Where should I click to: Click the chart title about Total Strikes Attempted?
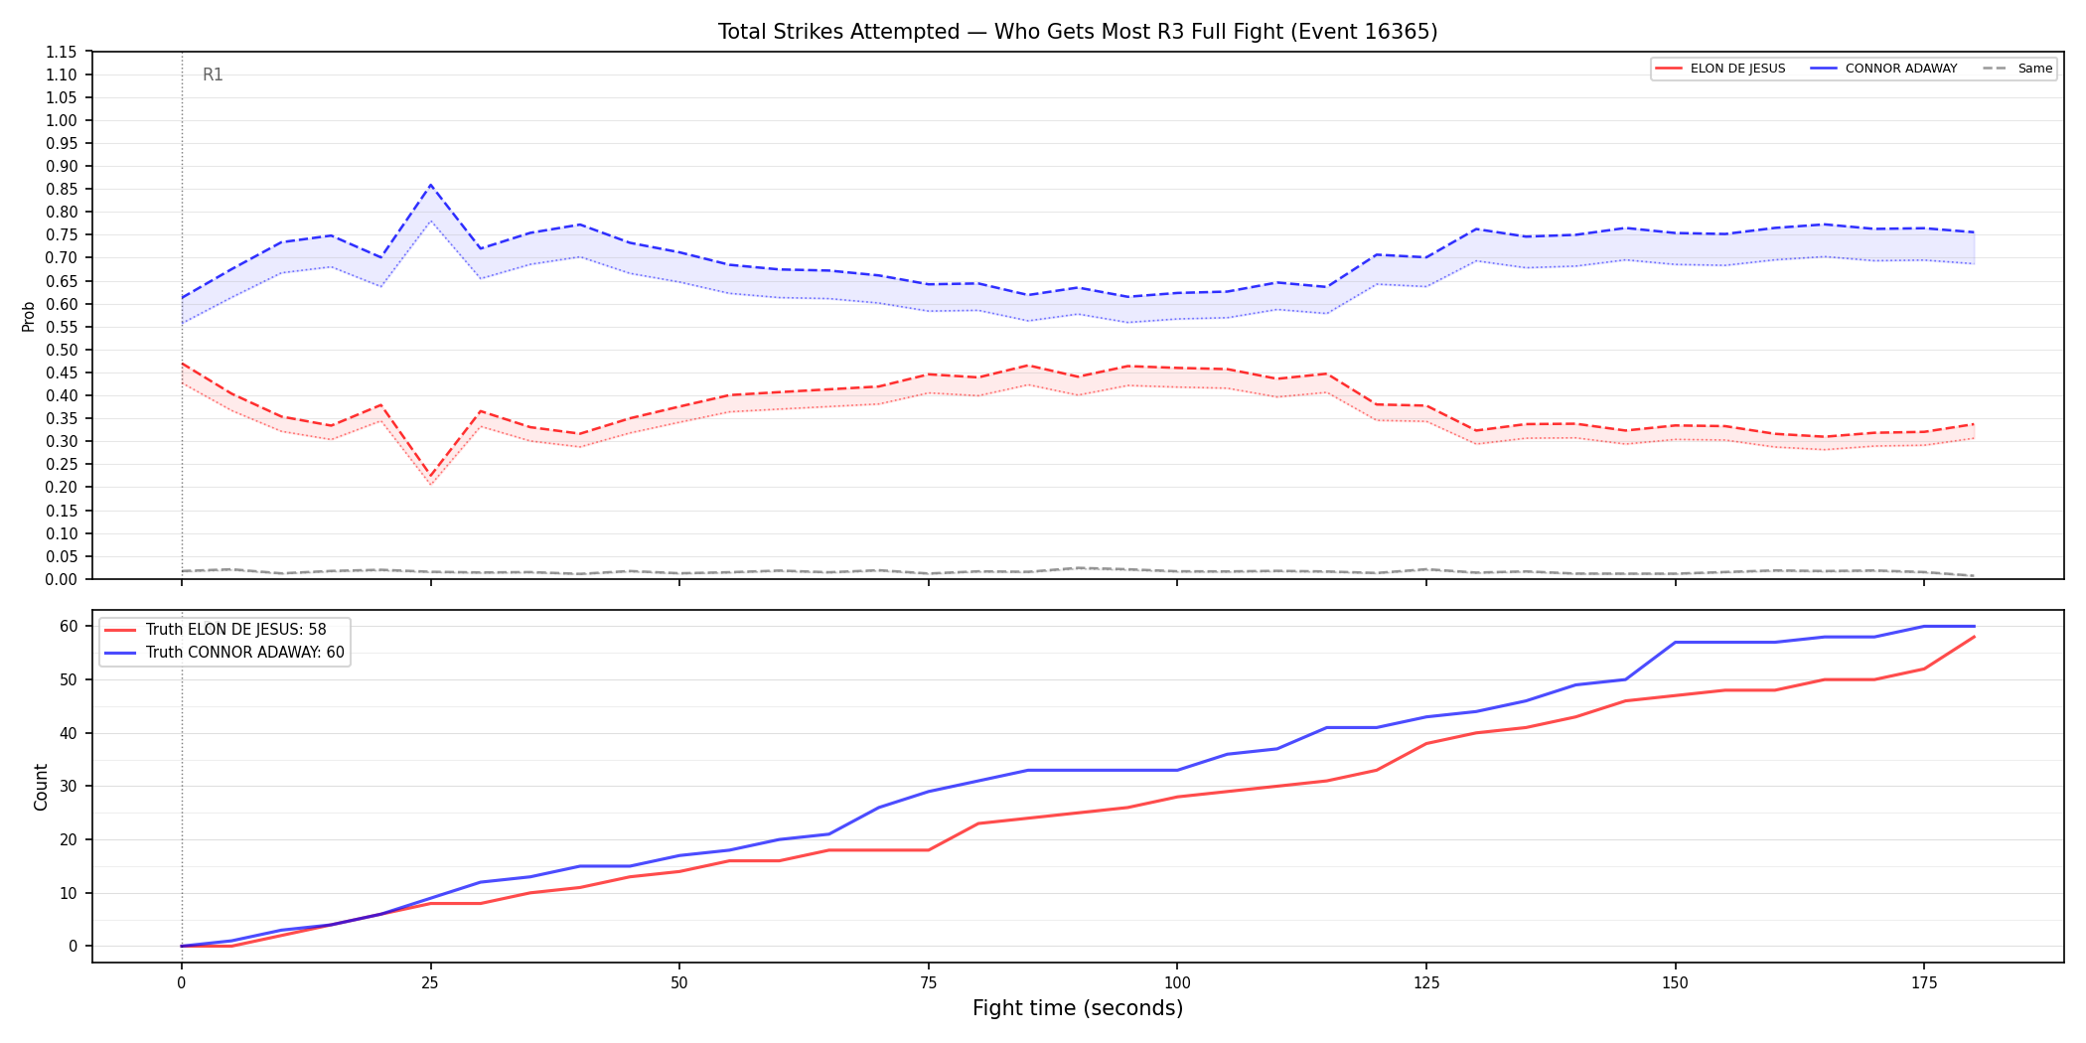tap(1078, 32)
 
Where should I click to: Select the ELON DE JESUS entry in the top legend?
tap(1720, 69)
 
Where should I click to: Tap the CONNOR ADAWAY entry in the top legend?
tap(1883, 69)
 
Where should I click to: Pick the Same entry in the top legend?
tap(2017, 69)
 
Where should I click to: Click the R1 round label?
tap(213, 74)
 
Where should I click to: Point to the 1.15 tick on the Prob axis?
tap(61, 52)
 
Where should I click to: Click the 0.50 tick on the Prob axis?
tap(61, 350)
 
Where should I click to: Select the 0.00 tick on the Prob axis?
tap(61, 579)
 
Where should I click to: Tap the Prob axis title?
tap(29, 316)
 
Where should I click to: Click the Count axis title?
tap(41, 787)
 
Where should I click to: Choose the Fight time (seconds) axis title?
tap(1078, 1008)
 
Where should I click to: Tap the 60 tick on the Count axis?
tap(69, 626)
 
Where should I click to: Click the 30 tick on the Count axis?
tap(69, 786)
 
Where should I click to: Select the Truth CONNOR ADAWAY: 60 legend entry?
tap(224, 653)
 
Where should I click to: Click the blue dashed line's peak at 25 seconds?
tap(430, 185)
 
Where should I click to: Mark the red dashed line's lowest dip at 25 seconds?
tap(430, 478)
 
